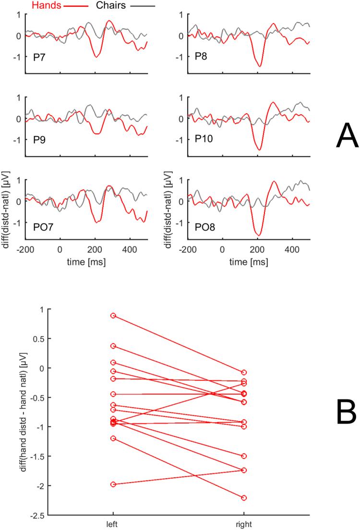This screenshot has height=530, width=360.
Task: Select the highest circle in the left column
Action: pyautogui.click(x=113, y=316)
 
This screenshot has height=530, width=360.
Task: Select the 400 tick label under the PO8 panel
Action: pyautogui.click(x=291, y=250)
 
